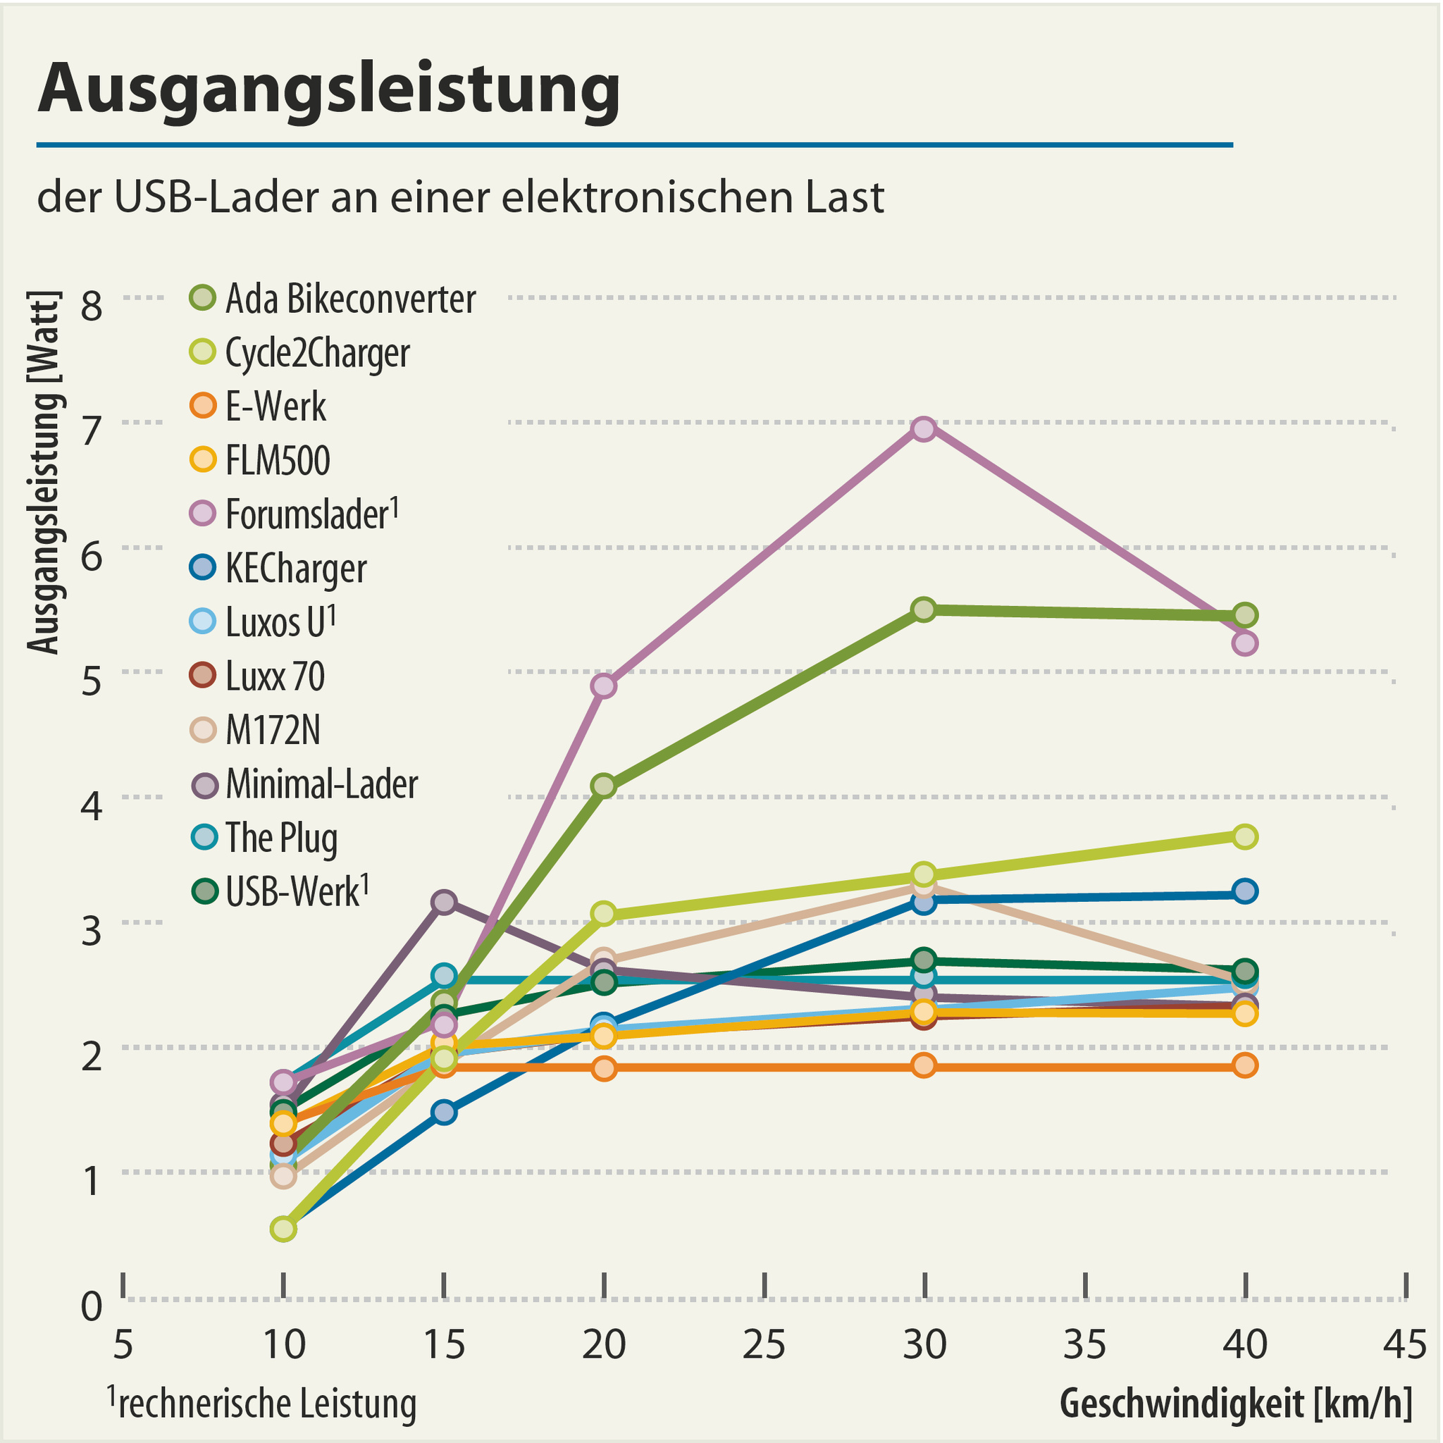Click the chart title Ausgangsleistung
point(328,88)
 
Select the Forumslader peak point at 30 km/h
point(924,428)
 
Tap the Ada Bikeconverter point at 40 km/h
point(1244,615)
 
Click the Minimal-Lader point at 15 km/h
point(444,903)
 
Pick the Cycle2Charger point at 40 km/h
point(1244,836)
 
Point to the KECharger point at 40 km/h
point(1244,891)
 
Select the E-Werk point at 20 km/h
point(605,1068)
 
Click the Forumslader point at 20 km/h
point(605,686)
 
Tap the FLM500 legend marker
point(203,459)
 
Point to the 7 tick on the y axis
point(91,431)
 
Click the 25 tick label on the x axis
point(764,1344)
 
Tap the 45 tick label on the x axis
point(1405,1344)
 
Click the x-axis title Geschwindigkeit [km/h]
point(1236,1403)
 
